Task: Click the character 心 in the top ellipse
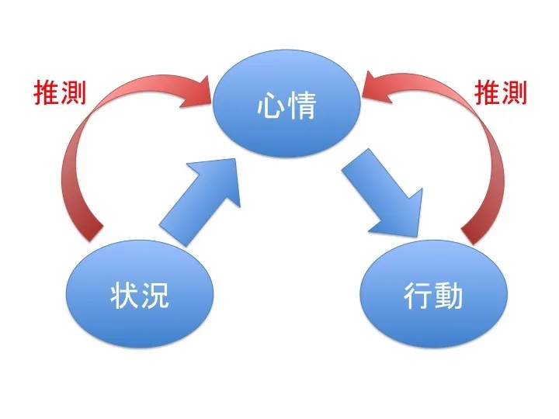[x=271, y=106]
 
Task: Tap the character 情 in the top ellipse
[x=301, y=106]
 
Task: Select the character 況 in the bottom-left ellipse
[x=154, y=296]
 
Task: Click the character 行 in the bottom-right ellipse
[x=418, y=296]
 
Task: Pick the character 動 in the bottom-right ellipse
[x=448, y=296]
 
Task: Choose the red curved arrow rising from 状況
[x=85, y=147]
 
